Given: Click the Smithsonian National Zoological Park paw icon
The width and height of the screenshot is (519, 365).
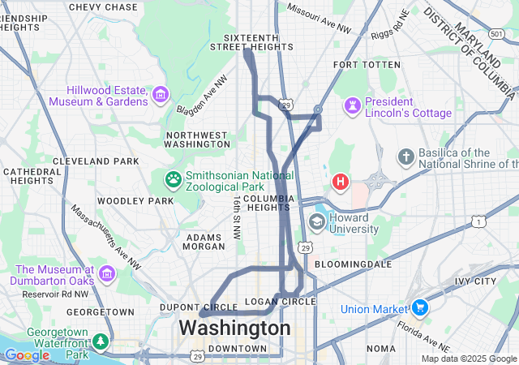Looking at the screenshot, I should (x=173, y=178).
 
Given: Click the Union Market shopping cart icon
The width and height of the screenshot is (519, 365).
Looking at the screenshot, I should (x=419, y=308).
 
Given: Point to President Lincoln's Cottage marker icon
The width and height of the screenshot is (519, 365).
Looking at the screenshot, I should (x=353, y=105).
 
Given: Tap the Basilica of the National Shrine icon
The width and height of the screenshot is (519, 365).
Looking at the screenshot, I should (x=406, y=157).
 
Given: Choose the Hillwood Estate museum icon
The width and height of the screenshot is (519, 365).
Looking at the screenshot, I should (x=161, y=96).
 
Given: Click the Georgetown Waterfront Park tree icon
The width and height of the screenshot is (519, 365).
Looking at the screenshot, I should (x=100, y=342).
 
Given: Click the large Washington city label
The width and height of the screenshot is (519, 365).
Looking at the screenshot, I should (x=234, y=328).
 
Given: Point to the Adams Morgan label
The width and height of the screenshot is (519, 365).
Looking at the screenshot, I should (x=204, y=242).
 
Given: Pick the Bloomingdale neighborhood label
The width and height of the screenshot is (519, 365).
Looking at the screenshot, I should (x=353, y=264).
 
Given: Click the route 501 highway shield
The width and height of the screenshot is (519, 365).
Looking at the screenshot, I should (x=497, y=33).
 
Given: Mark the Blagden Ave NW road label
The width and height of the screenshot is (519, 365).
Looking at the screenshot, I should (x=209, y=95).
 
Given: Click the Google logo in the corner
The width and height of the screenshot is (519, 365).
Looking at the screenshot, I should (x=27, y=355).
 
